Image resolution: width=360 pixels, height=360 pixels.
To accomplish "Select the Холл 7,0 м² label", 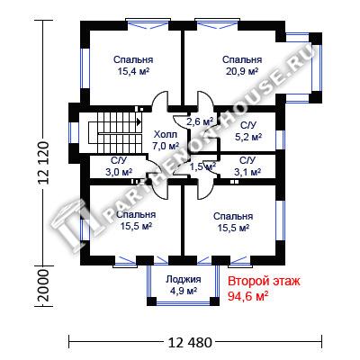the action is (166, 140).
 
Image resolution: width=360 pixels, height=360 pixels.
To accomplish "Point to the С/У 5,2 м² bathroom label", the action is (248, 131).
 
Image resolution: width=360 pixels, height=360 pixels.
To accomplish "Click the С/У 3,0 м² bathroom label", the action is (119, 166).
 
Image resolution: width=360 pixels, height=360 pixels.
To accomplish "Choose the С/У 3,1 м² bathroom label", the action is (247, 166).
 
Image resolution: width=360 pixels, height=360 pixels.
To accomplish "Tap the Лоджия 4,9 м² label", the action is (184, 285).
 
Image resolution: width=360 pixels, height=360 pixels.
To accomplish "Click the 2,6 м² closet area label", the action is (200, 121).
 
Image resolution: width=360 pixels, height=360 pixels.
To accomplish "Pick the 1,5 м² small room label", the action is (203, 166).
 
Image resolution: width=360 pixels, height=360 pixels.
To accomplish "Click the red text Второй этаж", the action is (264, 282).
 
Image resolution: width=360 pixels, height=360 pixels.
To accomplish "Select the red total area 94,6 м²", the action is (248, 296).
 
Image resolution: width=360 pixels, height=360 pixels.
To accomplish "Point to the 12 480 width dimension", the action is (190, 342).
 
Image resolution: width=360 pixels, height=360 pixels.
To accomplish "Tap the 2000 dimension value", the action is (43, 285).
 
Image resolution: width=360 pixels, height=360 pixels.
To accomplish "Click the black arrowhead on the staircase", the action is (139, 121).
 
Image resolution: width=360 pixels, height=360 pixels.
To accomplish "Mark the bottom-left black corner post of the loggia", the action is (151, 301).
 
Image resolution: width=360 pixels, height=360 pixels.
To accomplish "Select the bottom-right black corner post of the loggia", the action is (214, 301).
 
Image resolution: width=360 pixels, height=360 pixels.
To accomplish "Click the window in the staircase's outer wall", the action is (74, 132).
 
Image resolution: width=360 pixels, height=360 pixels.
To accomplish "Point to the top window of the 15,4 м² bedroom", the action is (148, 24).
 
